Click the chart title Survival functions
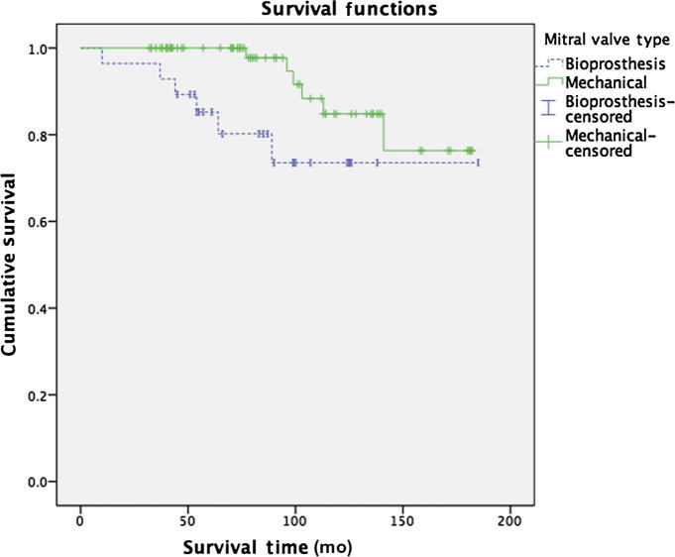tap(307, 10)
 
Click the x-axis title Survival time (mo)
tap(280, 546)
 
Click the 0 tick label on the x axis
tap(80, 520)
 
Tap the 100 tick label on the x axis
tap(294, 520)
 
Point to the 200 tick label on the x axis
tap(508, 520)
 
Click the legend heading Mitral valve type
tap(606, 40)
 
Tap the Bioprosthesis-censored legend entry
tap(609, 108)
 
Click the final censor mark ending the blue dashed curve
tap(478, 163)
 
